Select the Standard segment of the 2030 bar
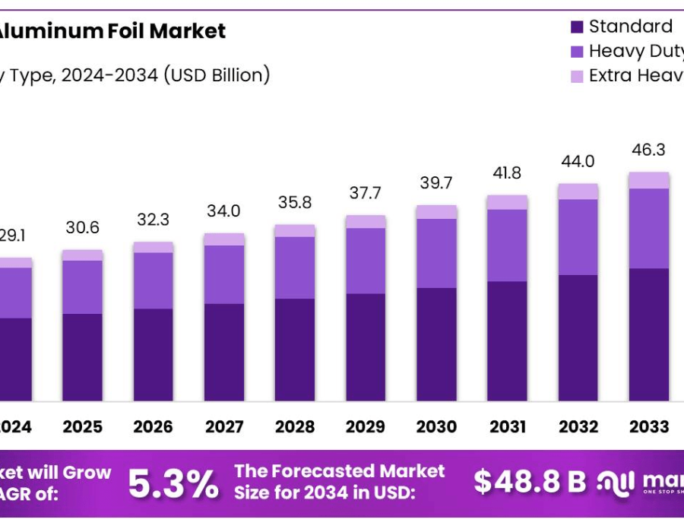pyautogui.click(x=436, y=344)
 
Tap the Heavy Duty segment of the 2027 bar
pyautogui.click(x=224, y=274)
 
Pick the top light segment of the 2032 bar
pyautogui.click(x=578, y=191)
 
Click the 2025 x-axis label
pyautogui.click(x=82, y=427)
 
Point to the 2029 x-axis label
pyautogui.click(x=366, y=427)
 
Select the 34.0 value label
pyautogui.click(x=224, y=211)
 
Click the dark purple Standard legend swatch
pyautogui.click(x=577, y=27)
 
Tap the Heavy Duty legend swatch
pyautogui.click(x=577, y=52)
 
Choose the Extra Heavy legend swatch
pyautogui.click(x=577, y=77)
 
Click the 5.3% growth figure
pyautogui.click(x=173, y=484)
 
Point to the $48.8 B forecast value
pyautogui.click(x=530, y=481)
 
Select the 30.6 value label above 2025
pyautogui.click(x=82, y=227)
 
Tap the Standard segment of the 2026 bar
pyautogui.click(x=153, y=354)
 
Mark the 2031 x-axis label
pyautogui.click(x=507, y=427)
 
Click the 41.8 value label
pyautogui.click(x=507, y=173)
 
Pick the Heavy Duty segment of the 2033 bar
pyautogui.click(x=648, y=228)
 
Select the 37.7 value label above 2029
pyautogui.click(x=366, y=192)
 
